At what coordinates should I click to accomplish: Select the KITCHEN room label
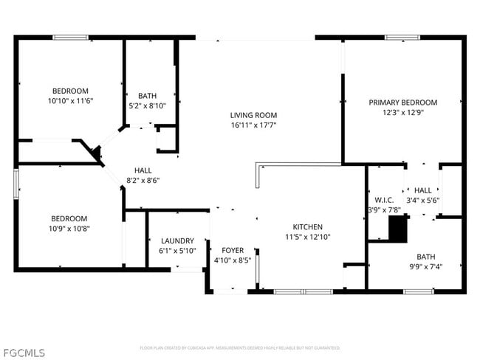click(307, 226)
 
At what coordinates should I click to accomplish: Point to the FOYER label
click(233, 251)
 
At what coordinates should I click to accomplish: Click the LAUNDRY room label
click(177, 240)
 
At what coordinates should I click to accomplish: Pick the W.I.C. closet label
click(384, 200)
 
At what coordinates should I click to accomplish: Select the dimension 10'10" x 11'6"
click(70, 100)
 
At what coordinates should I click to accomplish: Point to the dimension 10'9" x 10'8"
click(69, 229)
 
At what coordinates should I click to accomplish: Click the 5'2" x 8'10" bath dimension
click(147, 105)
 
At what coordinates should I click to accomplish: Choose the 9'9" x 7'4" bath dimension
click(425, 267)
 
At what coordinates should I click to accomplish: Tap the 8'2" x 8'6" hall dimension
click(143, 180)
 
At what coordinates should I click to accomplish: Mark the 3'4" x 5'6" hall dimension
click(422, 200)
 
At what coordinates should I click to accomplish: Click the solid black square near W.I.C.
click(398, 229)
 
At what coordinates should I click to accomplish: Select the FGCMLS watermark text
click(24, 352)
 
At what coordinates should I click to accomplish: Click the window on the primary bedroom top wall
click(402, 38)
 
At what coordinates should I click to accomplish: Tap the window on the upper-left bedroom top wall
click(70, 38)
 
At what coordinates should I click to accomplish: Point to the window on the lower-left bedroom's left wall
click(16, 183)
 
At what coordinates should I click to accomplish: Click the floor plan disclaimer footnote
click(240, 347)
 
